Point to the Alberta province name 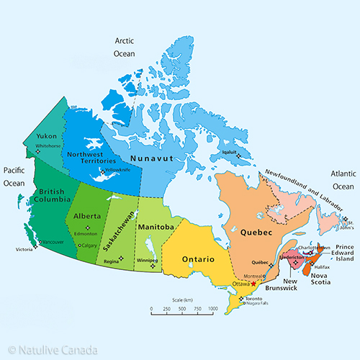coord(87,215)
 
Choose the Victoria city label coord(24,250)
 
